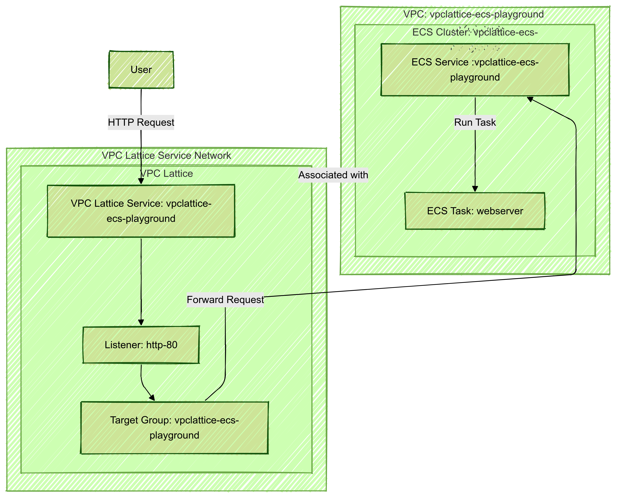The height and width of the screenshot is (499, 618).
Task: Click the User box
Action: (x=141, y=70)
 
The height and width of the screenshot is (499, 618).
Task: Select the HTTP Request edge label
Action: (x=141, y=122)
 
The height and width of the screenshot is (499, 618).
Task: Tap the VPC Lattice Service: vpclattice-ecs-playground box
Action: (x=141, y=211)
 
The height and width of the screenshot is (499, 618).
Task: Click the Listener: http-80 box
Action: (x=141, y=345)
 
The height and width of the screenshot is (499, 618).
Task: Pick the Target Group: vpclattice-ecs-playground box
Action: (x=174, y=428)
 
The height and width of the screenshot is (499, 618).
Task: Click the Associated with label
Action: (x=333, y=175)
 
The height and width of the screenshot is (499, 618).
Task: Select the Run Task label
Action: (x=475, y=122)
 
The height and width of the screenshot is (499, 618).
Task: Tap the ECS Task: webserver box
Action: (x=475, y=211)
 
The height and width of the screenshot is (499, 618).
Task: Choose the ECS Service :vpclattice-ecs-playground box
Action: (x=475, y=70)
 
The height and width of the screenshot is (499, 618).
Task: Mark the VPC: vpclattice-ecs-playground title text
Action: (x=474, y=14)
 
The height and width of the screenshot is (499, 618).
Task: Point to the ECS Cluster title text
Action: (x=475, y=32)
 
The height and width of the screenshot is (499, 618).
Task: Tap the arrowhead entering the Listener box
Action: (x=141, y=322)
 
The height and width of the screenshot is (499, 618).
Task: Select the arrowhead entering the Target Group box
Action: (x=152, y=398)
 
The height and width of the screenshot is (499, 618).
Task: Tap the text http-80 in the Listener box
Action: (x=162, y=345)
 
